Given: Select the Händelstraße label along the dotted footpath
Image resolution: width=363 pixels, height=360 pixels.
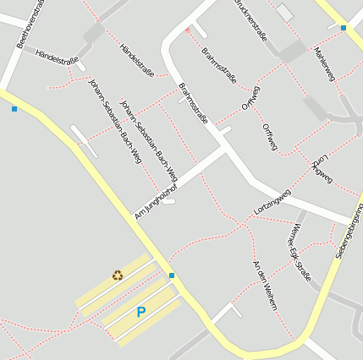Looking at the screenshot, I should click(x=137, y=60).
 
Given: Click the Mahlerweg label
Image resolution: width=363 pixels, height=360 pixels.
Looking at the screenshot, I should click(x=324, y=63).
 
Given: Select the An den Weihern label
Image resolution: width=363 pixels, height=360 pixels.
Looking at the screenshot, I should click(x=264, y=285).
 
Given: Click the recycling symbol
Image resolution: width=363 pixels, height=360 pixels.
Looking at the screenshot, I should click(x=118, y=275).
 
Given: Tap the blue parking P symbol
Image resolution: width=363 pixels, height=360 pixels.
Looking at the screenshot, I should click(x=140, y=312).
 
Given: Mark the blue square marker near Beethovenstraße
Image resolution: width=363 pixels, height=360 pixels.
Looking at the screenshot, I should click(x=14, y=109).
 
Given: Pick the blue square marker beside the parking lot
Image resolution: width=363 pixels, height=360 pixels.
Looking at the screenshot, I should click(x=172, y=275).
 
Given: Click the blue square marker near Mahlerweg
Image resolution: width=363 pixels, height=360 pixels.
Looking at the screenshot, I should click(x=344, y=28).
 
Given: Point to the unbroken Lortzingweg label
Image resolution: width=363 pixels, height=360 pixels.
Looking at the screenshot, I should click(x=272, y=201).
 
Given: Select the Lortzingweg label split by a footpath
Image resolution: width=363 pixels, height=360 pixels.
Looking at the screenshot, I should click(x=322, y=169).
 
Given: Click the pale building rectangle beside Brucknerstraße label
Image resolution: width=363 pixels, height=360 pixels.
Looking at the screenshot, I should click(x=285, y=13).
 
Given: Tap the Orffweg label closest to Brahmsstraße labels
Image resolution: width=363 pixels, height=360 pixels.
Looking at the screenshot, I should click(x=251, y=98).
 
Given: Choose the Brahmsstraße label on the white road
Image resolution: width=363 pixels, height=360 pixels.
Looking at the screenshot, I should click(x=193, y=103).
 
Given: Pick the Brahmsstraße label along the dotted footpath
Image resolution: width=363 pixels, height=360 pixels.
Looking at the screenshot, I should click(x=219, y=66).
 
